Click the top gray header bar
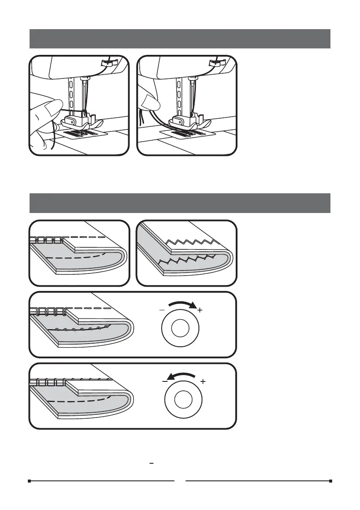tap(180, 39)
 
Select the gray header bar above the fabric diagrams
tap(180, 203)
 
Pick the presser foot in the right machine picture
tap(191, 122)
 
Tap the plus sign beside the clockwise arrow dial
tap(199, 310)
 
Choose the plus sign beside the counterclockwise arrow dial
tap(203, 381)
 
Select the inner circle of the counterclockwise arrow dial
tap(183, 400)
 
